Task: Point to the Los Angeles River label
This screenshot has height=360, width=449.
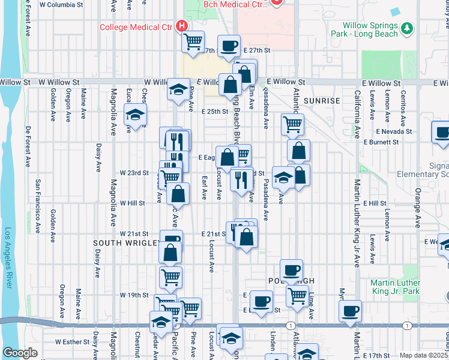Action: point(8,258)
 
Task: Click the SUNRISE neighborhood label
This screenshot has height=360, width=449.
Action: point(322,100)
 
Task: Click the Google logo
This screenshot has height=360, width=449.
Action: point(20,353)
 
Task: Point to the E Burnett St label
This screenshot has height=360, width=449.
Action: point(381,142)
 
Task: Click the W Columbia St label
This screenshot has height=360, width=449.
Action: point(61,4)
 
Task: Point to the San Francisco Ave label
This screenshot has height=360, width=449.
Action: point(37,206)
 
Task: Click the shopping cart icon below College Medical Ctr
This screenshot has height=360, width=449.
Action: point(193,41)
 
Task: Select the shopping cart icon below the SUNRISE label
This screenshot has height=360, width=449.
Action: point(292,124)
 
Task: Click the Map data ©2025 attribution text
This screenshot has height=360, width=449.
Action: point(424,355)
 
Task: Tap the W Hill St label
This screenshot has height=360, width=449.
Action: point(132,203)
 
